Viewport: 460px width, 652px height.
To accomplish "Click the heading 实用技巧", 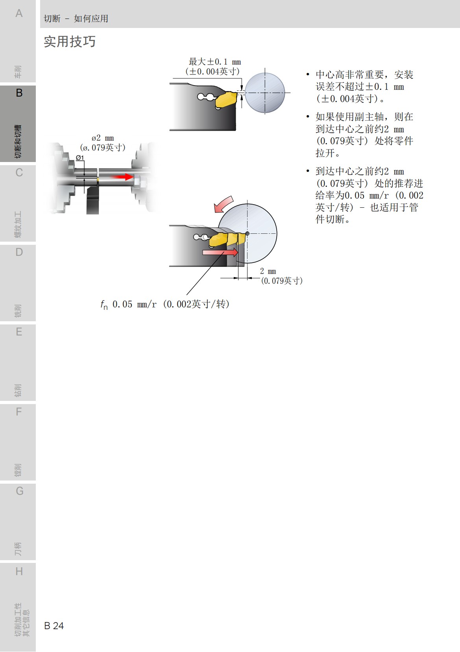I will (x=70, y=41).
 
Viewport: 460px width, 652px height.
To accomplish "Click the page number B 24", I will (x=54, y=626).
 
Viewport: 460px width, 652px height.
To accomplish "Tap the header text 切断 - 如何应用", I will (x=76, y=19).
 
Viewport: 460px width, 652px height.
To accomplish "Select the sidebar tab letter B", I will (x=19, y=93).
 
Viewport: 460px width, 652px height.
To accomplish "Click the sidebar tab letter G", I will (x=19, y=491).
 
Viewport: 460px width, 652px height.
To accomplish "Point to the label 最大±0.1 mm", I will (x=214, y=62).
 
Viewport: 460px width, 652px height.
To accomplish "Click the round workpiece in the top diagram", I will (x=265, y=93).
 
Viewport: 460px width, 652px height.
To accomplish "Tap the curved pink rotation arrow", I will (x=223, y=204).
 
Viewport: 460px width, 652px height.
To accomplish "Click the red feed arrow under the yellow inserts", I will (x=220, y=252).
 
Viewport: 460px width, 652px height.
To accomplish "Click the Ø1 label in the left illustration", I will (x=80, y=158).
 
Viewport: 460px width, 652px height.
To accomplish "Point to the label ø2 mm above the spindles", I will (x=103, y=138).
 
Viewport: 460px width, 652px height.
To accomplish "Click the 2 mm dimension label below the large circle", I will (x=268, y=271).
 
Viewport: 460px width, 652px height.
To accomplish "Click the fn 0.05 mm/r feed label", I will (x=165, y=304).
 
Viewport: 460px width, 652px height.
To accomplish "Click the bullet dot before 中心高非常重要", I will (x=308, y=75).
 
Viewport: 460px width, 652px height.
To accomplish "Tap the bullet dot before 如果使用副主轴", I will (x=308, y=117).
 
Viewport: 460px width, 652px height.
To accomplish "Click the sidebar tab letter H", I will (x=19, y=571).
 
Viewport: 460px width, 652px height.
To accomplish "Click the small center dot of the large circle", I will (x=248, y=234).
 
